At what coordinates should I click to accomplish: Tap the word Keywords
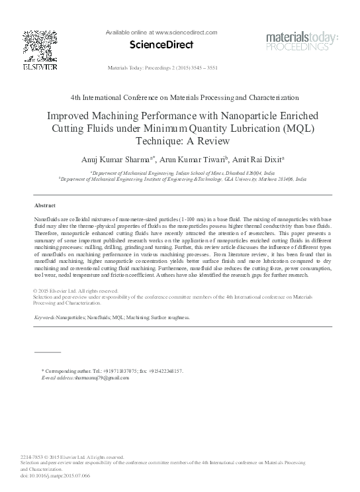[44, 318]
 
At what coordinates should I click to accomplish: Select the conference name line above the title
[179, 96]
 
